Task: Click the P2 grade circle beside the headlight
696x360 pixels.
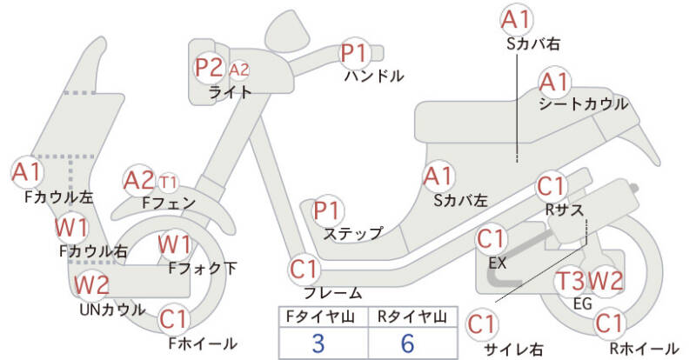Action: [209, 67]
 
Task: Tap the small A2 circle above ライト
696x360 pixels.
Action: [240, 69]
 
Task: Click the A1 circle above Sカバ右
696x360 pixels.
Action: [517, 19]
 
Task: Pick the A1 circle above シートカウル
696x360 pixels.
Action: [554, 83]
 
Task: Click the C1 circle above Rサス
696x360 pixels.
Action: [552, 187]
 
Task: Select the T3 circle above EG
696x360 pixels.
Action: [570, 281]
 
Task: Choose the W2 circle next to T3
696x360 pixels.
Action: [606, 281]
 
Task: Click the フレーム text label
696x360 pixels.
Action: [332, 293]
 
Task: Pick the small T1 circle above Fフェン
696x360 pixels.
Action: [169, 183]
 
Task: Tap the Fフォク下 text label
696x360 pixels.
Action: [203, 269]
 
